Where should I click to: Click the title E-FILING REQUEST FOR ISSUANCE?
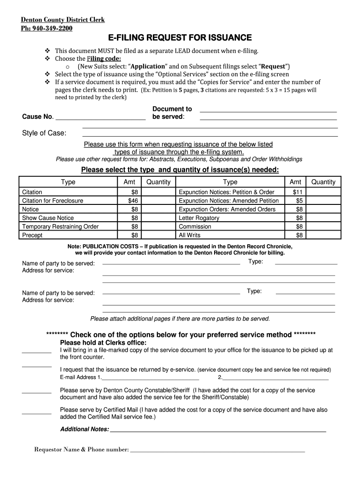point(180,37)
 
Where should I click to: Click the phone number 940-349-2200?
point(52,28)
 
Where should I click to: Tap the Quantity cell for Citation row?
point(158,192)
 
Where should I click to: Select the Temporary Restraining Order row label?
point(60,226)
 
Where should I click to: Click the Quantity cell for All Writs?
point(323,235)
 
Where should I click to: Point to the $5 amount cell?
point(297,201)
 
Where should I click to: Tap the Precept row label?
point(32,235)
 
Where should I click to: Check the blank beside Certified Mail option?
point(36,413)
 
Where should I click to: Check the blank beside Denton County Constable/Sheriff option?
point(36,392)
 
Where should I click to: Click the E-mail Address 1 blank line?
point(150,378)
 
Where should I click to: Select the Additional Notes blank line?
point(217,430)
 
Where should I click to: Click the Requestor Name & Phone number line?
point(217,450)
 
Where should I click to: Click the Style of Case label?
point(44,133)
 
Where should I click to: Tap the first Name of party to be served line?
point(171,264)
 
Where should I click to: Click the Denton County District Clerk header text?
point(63,20)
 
